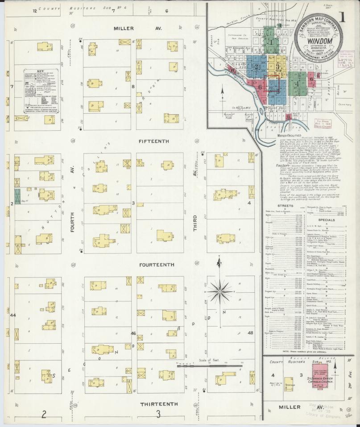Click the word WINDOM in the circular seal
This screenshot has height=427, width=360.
(x=316, y=41)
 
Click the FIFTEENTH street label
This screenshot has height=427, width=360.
(x=154, y=141)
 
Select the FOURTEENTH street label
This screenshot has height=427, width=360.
(x=157, y=265)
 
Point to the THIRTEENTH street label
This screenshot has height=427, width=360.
(x=159, y=404)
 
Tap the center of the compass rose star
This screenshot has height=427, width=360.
(x=219, y=293)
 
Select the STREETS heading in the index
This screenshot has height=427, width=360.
(x=285, y=206)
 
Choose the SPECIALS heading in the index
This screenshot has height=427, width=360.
(x=327, y=220)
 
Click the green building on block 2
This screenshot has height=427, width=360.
(x=17, y=196)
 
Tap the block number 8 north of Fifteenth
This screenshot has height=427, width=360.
(x=132, y=87)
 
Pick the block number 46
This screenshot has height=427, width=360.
(x=133, y=333)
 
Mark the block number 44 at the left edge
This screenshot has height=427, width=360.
(x=13, y=315)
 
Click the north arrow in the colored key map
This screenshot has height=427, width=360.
(x=222, y=95)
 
